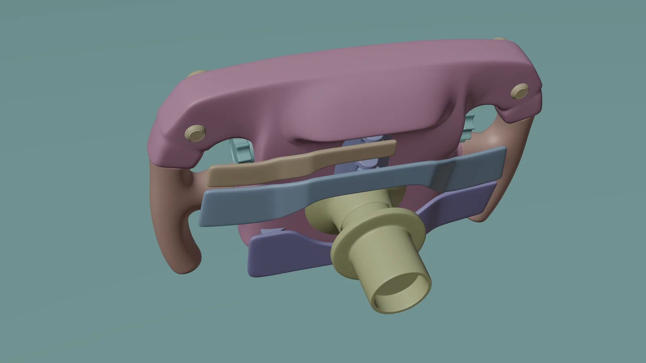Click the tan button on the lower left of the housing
(195, 133)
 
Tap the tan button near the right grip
(519, 91)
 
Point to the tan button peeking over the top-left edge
(197, 74)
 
